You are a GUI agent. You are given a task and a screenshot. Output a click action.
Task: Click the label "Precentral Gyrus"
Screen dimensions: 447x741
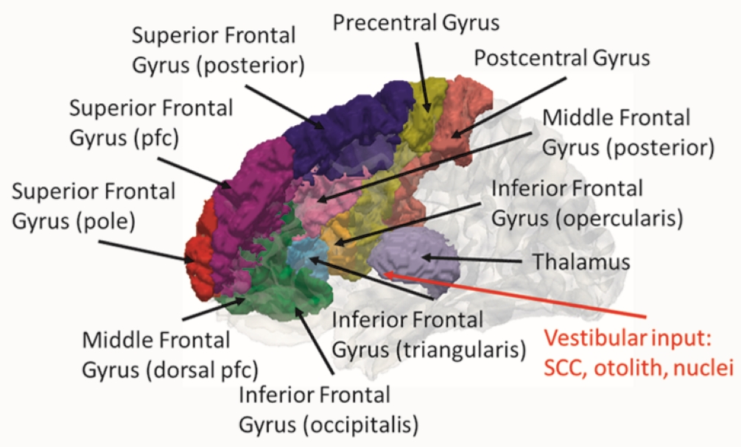coord(415,23)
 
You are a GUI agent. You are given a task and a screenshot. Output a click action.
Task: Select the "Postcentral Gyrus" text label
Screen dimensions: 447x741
coord(562,57)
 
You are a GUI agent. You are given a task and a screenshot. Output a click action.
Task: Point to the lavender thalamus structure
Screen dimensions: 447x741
coord(416,261)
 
